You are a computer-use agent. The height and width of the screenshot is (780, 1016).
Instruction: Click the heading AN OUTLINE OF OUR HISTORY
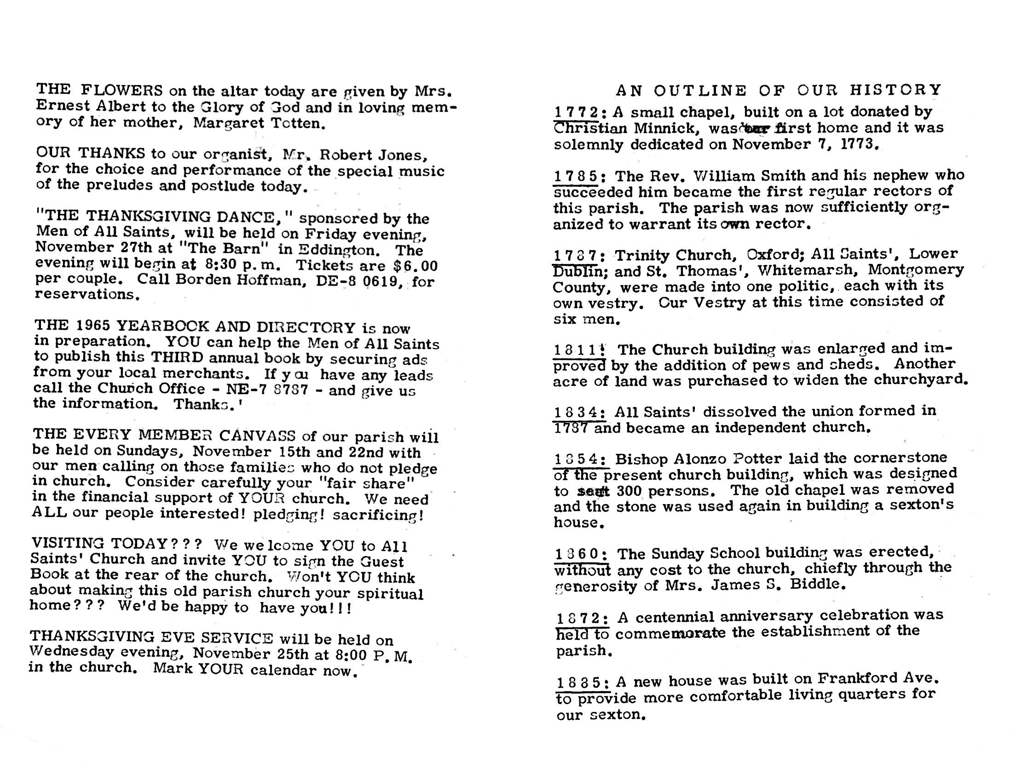(778, 90)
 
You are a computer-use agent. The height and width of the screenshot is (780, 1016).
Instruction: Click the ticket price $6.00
(415, 266)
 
